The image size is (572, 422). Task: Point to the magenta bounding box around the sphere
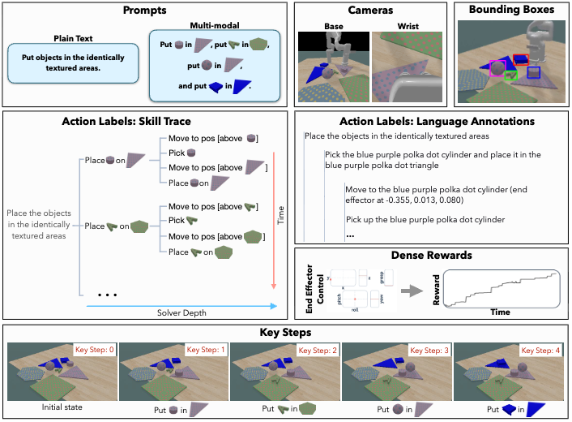point(497,68)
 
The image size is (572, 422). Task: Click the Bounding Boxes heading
point(511,11)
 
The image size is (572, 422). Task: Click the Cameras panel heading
point(369,11)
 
